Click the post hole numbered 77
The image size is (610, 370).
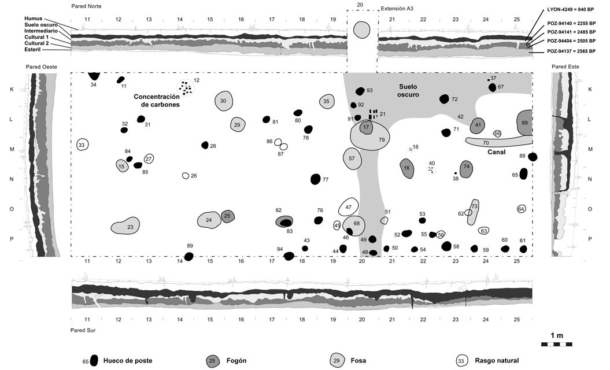[x=315, y=179]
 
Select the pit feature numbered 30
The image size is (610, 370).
[x=223, y=101]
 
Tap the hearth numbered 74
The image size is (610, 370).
[x=467, y=169]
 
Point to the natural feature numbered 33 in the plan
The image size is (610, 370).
[x=82, y=145]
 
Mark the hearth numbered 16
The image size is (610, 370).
[x=408, y=168]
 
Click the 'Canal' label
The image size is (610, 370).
[x=496, y=152]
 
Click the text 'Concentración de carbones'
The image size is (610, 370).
[x=157, y=101]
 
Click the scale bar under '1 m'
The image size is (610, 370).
[x=556, y=345]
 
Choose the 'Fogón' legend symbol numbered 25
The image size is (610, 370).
[x=212, y=361]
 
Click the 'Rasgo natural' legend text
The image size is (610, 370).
[x=497, y=361]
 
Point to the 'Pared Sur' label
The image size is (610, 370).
[x=83, y=331]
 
